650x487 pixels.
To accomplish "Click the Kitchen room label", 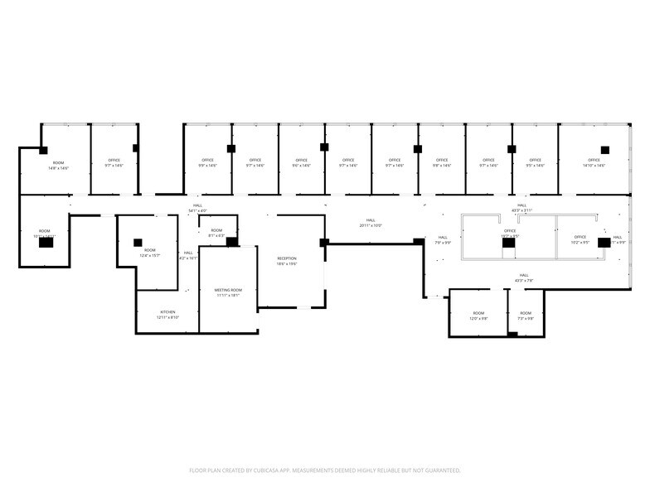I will [x=167, y=315].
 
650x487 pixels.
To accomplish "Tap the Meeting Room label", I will [x=228, y=292].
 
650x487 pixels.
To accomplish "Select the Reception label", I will [x=287, y=261].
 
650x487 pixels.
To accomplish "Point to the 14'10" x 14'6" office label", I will [x=594, y=163].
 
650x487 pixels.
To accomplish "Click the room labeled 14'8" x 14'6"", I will [x=58, y=165].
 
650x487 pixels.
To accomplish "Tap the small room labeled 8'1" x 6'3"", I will [x=216, y=233].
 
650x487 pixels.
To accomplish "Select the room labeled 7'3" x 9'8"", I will [x=526, y=316].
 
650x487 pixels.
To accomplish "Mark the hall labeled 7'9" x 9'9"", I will [x=443, y=240].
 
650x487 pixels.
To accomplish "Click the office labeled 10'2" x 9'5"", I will [x=580, y=240].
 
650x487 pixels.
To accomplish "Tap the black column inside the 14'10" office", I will [x=605, y=149].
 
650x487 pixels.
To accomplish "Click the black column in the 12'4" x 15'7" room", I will [x=138, y=242].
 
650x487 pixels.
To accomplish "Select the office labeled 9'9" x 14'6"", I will [x=208, y=163].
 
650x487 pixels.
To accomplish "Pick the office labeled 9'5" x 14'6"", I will [x=535, y=163].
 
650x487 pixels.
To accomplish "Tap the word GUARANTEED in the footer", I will [x=442, y=470].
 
